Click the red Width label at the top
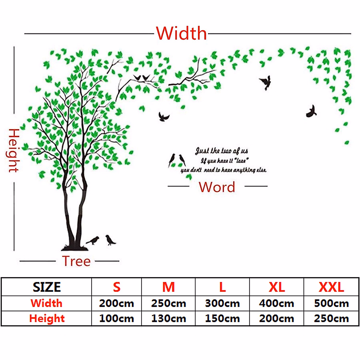click(181, 33)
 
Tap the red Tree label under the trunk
click(76, 261)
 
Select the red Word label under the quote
click(217, 187)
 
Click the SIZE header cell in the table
click(47, 287)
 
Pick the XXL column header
click(331, 287)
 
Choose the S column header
click(116, 287)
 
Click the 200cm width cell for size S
click(116, 303)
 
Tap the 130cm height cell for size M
click(169, 318)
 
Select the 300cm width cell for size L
click(222, 303)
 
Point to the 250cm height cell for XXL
click(331, 318)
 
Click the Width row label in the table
click(46, 303)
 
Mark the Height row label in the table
click(47, 318)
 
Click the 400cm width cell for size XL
click(277, 303)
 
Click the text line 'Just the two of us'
click(222, 151)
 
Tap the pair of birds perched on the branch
click(142, 78)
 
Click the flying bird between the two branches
click(164, 117)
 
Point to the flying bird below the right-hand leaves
click(311, 111)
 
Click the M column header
click(169, 287)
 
